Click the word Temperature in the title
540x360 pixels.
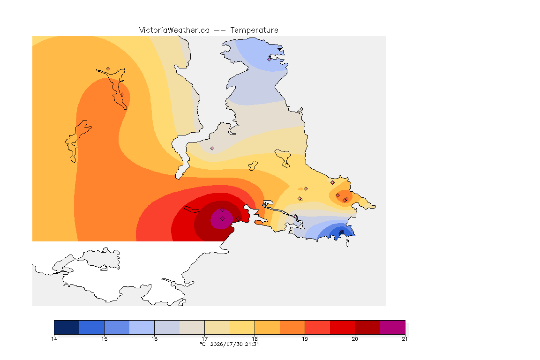(254, 30)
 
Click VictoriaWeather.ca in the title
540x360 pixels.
(174, 30)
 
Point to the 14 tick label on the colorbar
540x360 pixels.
(54, 339)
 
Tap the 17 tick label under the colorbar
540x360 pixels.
(204, 339)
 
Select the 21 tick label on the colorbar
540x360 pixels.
(405, 339)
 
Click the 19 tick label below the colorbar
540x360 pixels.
(305, 339)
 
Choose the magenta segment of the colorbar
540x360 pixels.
(393, 327)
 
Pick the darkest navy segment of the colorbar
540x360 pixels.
(67, 327)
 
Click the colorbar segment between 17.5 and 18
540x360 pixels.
(242, 327)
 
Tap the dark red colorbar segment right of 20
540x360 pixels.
(367, 327)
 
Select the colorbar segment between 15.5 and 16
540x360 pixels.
(142, 327)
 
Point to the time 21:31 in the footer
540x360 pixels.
(252, 344)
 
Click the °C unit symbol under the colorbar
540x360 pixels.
(203, 344)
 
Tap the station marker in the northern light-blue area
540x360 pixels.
(270, 59)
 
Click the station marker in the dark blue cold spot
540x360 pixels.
(341, 232)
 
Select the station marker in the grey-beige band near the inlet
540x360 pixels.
(212, 149)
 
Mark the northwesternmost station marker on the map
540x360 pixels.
(108, 69)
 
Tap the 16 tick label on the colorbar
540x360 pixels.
(154, 339)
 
